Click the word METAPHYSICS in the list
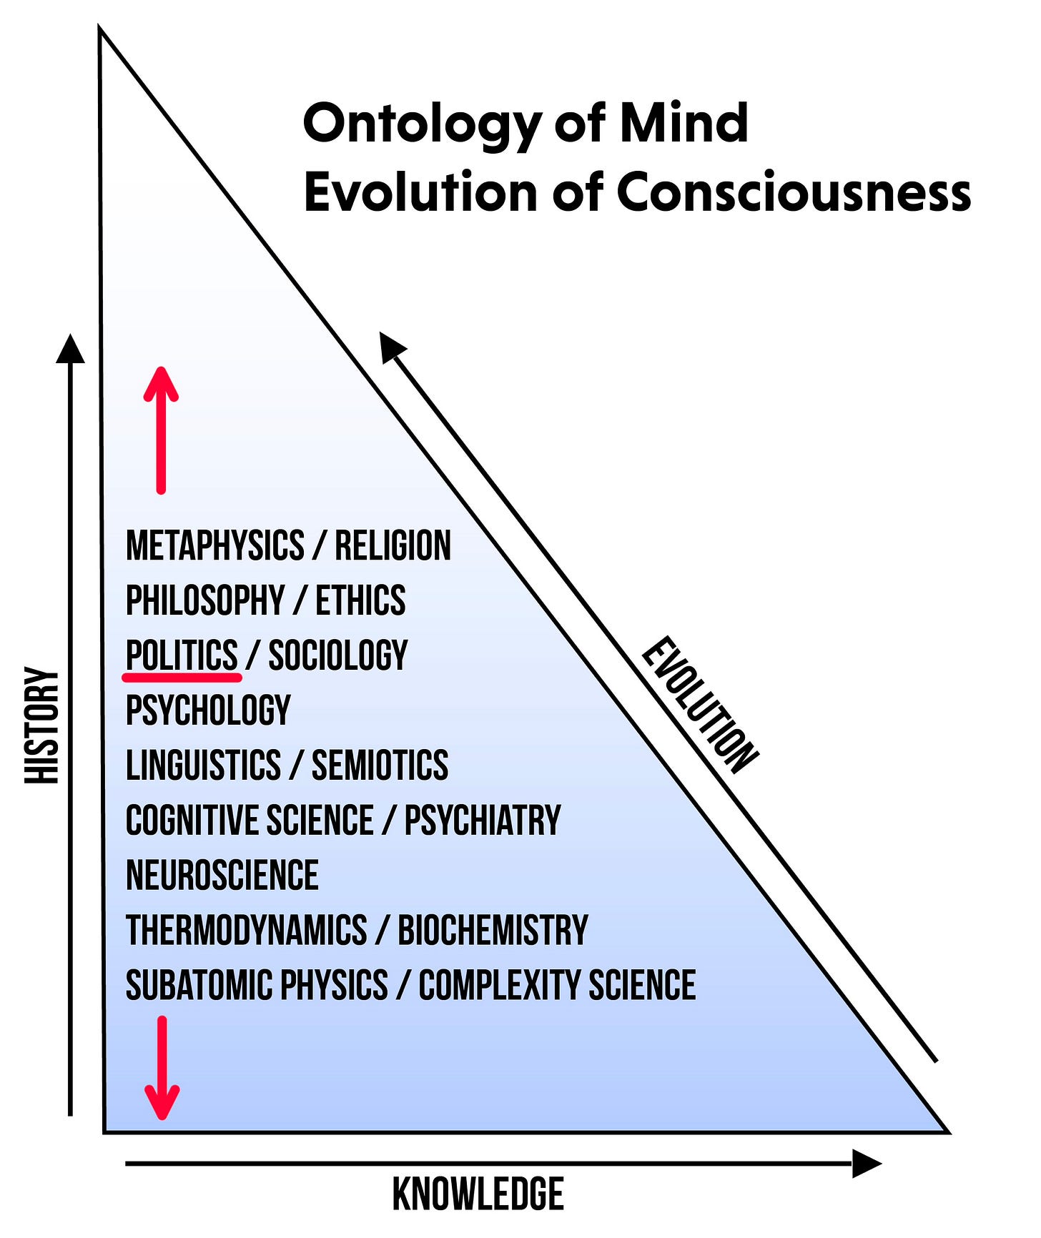click(x=214, y=546)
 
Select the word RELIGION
click(x=393, y=546)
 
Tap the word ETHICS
click(x=360, y=600)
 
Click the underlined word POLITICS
click(x=182, y=655)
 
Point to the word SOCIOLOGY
click(x=337, y=655)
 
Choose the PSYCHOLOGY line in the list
click(x=208, y=710)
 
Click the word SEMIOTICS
click(x=380, y=766)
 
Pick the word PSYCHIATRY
click(x=483, y=821)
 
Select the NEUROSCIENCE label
click(x=222, y=876)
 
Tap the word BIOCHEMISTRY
click(x=493, y=931)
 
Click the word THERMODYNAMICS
click(x=246, y=931)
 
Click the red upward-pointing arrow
click(x=161, y=429)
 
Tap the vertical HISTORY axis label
click(x=42, y=726)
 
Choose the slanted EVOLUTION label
click(x=700, y=705)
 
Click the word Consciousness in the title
click(x=794, y=193)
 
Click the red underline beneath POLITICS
click(x=182, y=674)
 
